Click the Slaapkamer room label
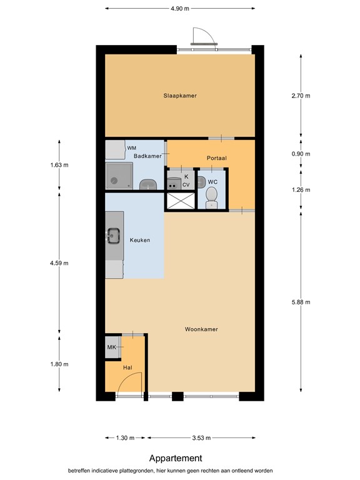click(180, 96)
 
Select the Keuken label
click(140, 240)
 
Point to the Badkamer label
click(148, 156)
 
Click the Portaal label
click(216, 158)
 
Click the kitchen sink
click(114, 236)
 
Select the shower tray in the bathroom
click(119, 176)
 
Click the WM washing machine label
click(131, 148)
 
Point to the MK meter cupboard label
click(111, 347)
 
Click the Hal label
click(127, 367)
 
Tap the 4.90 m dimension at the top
click(180, 8)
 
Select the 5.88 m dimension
click(301, 302)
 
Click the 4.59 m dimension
click(60, 263)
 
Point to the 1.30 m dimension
click(126, 437)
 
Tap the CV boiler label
click(186, 185)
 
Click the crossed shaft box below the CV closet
click(179, 201)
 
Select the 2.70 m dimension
click(301, 96)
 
